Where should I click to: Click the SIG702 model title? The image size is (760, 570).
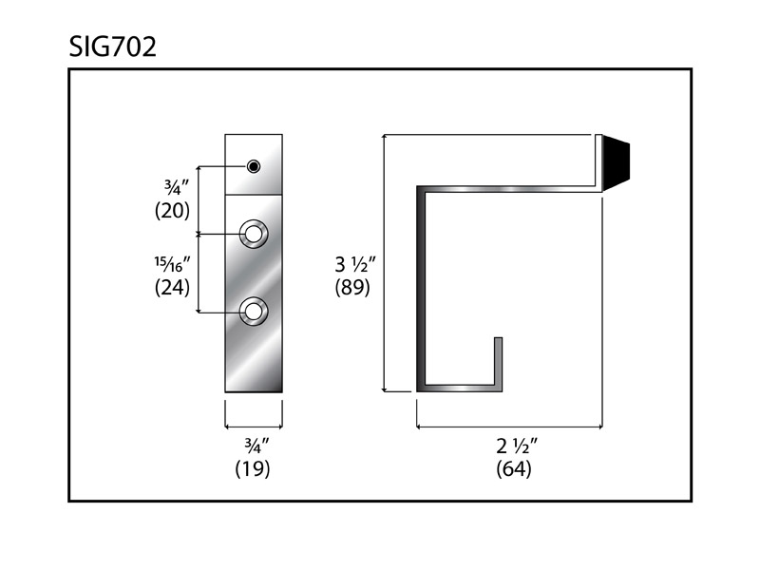tap(112, 47)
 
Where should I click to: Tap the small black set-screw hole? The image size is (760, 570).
tap(253, 166)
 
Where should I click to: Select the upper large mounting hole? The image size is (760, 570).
tap(253, 234)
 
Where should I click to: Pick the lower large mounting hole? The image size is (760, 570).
tap(253, 312)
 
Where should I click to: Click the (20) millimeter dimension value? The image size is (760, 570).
tap(172, 210)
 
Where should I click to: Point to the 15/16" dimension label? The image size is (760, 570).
tap(172, 264)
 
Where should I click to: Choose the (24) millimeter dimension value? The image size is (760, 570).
tap(172, 288)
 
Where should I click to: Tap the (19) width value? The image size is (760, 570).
tap(253, 468)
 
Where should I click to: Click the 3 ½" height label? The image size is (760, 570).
tap(355, 265)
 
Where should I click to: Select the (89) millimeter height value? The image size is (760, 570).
tap(352, 288)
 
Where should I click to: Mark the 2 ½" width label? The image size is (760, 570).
tap(517, 446)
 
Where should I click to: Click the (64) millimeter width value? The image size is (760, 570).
tap(514, 468)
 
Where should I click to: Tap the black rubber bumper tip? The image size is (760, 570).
tap(616, 162)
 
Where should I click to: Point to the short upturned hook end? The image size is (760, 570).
tap(498, 361)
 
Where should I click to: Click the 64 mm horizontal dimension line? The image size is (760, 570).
tap(509, 427)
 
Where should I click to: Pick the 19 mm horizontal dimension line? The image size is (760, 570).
tap(254, 427)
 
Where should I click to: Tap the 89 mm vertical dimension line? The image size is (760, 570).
tap(385, 263)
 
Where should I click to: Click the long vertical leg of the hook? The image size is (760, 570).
tap(421, 289)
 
